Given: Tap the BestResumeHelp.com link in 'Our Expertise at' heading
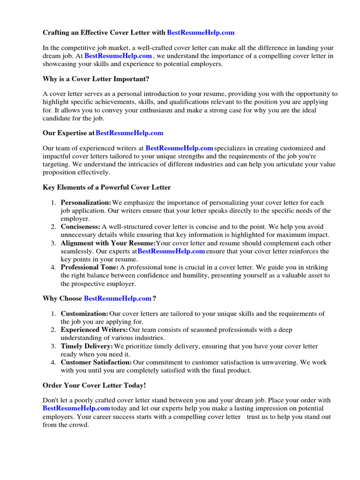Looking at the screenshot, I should pos(129,133).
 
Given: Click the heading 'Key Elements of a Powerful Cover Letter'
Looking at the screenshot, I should pos(106,187).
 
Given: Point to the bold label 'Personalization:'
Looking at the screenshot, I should pos(86,202).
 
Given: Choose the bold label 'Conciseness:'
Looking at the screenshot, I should pos(80,227).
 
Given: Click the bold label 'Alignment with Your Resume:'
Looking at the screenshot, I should pos(108,243).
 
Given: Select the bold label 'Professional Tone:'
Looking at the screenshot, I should pos(90,267).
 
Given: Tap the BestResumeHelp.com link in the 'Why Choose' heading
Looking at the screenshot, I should pos(118,299).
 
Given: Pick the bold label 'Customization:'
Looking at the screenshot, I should pos(84,314).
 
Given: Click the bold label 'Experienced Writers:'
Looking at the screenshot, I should pos(94,330).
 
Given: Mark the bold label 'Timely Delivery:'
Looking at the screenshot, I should pos(87,346).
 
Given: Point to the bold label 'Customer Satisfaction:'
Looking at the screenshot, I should pos(96,362).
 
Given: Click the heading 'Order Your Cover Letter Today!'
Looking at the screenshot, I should pos(94,385).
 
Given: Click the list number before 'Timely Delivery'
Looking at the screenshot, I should pos(53,346).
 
